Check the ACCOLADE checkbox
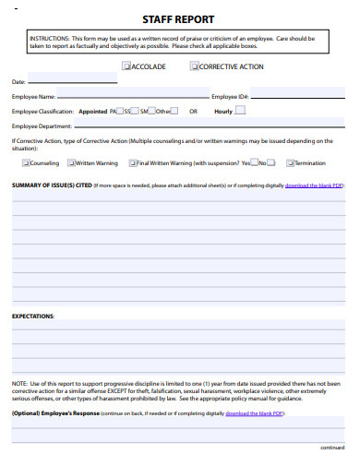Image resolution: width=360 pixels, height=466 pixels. [x=126, y=66]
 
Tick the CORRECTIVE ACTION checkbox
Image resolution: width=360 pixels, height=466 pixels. [x=194, y=66]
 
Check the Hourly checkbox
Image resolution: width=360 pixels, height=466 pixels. [x=240, y=110]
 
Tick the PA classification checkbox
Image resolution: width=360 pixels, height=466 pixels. [x=121, y=111]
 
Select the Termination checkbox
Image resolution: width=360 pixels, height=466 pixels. [x=289, y=162]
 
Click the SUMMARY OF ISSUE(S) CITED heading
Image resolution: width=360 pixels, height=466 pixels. [x=52, y=185]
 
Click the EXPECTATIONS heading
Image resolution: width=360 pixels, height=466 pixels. [x=33, y=316]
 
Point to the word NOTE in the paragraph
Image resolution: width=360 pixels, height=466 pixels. [x=19, y=382]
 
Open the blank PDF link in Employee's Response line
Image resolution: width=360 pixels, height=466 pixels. [x=254, y=414]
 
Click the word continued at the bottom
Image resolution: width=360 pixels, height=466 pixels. [x=331, y=447]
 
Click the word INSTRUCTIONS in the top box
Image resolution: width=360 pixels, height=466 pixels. [x=48, y=38]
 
